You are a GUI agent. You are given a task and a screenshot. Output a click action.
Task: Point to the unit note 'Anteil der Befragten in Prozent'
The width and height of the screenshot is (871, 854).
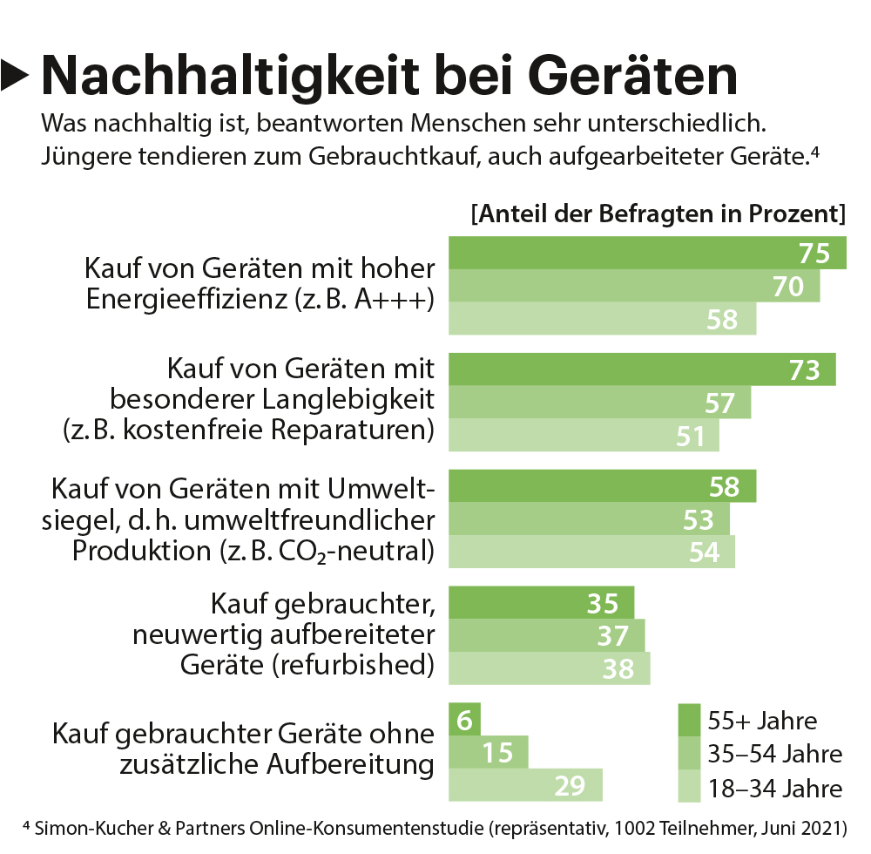point(658,214)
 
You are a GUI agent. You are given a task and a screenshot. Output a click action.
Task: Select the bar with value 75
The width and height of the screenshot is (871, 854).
point(646,253)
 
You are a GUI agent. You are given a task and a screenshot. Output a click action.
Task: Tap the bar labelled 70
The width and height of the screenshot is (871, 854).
point(633,286)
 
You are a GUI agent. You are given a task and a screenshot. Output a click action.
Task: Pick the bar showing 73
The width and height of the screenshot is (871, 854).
point(641,369)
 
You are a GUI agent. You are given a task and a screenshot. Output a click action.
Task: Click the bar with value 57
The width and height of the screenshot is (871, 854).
point(598,403)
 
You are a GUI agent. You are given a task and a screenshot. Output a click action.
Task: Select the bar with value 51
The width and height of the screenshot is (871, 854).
point(583,435)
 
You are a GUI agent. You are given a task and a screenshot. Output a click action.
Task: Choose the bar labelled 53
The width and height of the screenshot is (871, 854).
point(588,519)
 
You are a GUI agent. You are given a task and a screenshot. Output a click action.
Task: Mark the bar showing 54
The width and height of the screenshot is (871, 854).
point(591,552)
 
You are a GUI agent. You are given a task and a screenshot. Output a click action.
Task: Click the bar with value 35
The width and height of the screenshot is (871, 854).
point(540,603)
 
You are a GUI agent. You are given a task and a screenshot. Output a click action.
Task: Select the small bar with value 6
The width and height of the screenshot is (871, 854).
point(463,720)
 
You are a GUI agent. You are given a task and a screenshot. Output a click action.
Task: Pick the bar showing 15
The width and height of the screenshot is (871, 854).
point(487,752)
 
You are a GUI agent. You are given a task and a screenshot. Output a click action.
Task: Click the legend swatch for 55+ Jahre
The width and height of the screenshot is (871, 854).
point(690,721)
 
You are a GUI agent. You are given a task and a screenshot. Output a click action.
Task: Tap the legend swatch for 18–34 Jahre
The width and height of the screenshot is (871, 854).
point(690,787)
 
